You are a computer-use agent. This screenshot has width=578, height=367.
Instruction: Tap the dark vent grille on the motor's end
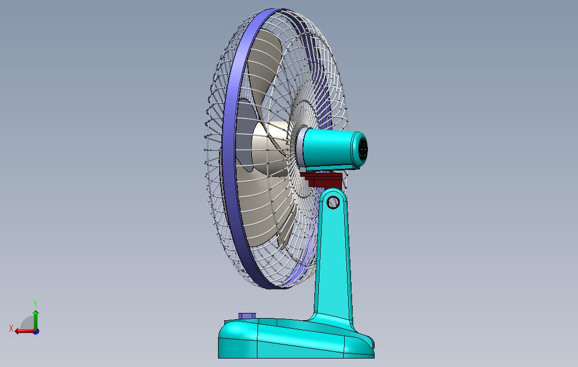coord(363,150)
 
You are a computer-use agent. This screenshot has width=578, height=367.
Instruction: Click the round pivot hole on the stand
coord(333,202)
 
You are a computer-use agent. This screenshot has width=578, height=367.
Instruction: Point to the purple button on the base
coord(247,316)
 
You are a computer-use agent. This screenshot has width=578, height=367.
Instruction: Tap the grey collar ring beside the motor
coord(300,147)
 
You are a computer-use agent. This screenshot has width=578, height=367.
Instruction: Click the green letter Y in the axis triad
coord(35,303)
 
